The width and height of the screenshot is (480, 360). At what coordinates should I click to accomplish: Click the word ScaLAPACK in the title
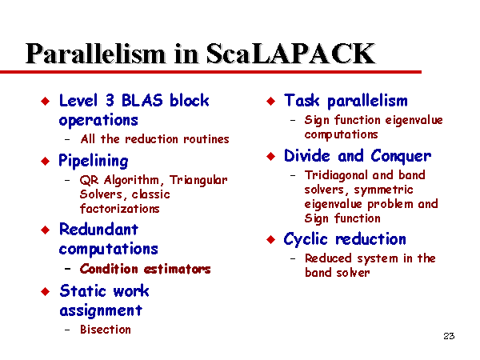click(x=290, y=54)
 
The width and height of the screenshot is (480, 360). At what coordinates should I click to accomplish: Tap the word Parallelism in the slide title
click(x=95, y=54)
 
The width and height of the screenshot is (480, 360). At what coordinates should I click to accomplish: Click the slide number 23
click(x=449, y=336)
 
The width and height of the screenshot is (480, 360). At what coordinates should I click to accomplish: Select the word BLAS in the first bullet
click(x=142, y=100)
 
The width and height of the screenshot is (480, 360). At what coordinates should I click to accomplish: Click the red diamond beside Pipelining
click(x=46, y=161)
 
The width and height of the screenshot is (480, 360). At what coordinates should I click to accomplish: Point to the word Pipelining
click(x=94, y=162)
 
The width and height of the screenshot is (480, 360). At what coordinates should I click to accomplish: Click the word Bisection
click(x=106, y=330)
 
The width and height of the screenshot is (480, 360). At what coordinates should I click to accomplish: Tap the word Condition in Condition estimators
click(x=109, y=269)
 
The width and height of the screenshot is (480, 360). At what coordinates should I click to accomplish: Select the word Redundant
click(x=98, y=230)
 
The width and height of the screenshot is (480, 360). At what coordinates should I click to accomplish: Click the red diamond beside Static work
click(x=46, y=291)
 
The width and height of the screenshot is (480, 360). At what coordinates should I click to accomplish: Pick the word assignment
click(x=101, y=311)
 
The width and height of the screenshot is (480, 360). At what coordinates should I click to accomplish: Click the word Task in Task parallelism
click(x=302, y=101)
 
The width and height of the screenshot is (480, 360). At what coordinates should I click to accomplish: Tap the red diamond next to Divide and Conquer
click(x=271, y=157)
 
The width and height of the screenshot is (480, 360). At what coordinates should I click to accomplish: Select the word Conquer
click(x=401, y=157)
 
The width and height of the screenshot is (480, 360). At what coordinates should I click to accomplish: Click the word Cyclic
click(x=306, y=239)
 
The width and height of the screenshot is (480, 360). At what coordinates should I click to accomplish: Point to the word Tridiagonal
click(x=336, y=176)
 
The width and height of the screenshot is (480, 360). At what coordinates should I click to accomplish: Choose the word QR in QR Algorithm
click(x=89, y=180)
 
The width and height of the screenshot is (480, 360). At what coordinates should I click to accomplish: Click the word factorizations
click(x=120, y=209)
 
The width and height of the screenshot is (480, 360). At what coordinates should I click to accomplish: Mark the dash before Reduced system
click(x=293, y=258)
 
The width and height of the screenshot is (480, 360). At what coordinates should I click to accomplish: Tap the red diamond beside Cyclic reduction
click(x=271, y=239)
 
